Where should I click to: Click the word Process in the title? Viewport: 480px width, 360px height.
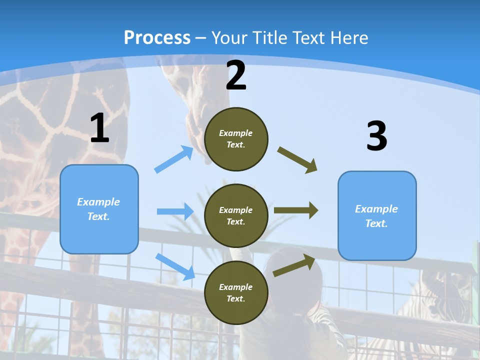[x=157, y=38]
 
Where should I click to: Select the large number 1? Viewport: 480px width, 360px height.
[x=99, y=128]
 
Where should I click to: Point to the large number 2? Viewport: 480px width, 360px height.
[x=236, y=75]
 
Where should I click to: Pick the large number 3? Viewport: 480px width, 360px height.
[x=376, y=136]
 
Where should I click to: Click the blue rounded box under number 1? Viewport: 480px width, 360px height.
[x=99, y=209]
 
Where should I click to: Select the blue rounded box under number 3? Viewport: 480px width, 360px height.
[x=377, y=215]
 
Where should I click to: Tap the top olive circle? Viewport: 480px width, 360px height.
[x=236, y=139]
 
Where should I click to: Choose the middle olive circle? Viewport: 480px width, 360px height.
[x=236, y=215]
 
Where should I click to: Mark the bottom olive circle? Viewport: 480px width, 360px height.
[x=236, y=292]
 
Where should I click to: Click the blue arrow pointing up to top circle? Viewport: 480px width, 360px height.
[x=174, y=159]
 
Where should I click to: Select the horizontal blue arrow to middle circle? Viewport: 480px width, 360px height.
[x=175, y=211]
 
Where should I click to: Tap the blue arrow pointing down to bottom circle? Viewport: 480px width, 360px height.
[x=175, y=266]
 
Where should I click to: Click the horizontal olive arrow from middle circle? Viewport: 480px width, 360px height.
[x=296, y=210]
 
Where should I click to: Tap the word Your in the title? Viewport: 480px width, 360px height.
[x=230, y=38]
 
